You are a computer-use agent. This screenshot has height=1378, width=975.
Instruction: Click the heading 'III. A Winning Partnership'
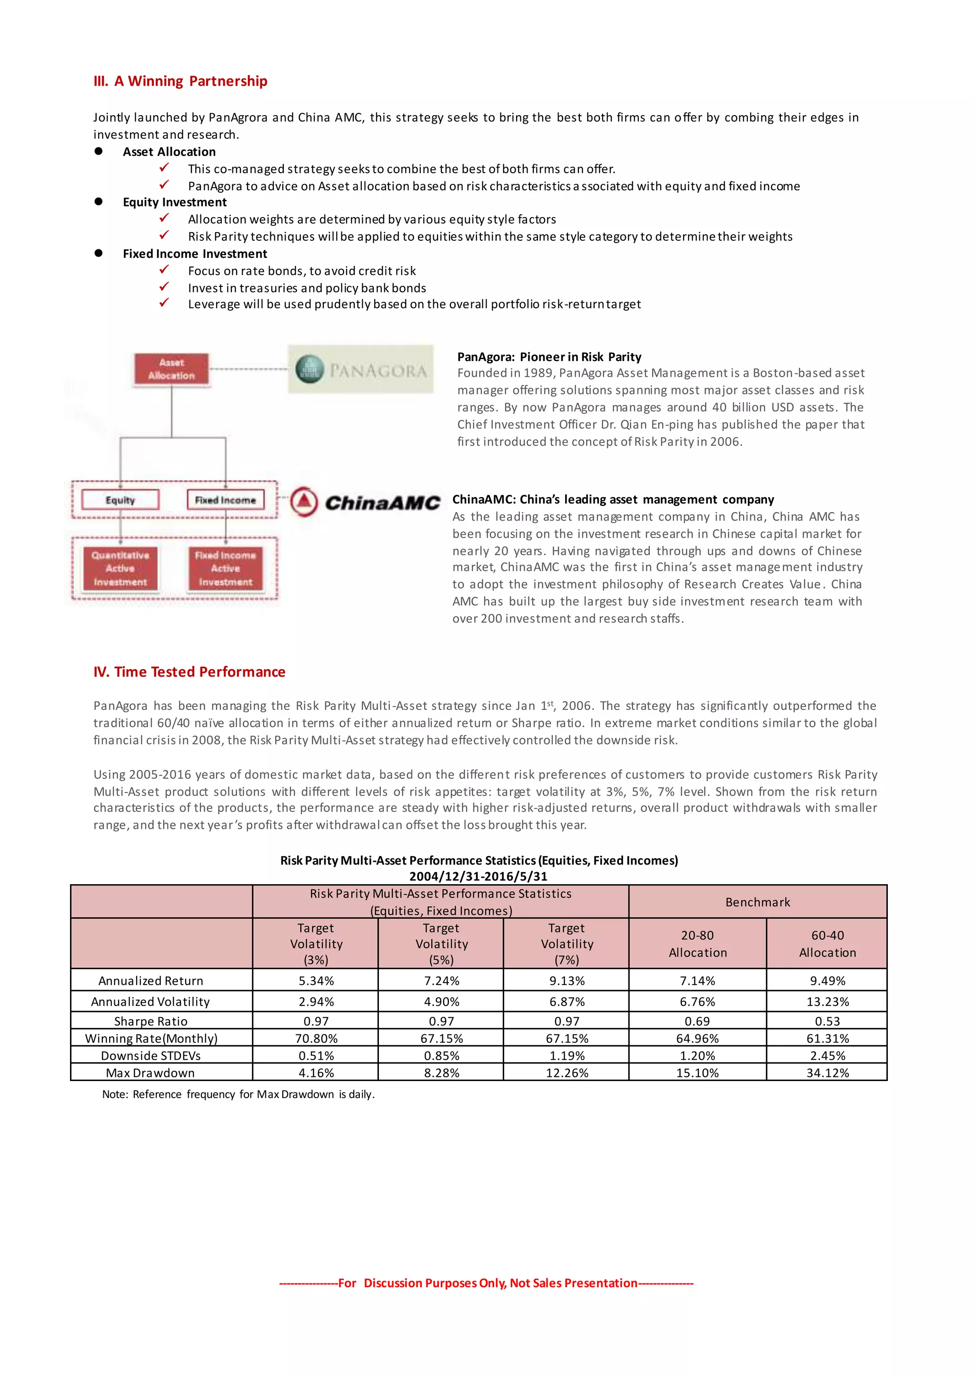point(180,81)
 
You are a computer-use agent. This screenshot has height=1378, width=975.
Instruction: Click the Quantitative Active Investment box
point(120,568)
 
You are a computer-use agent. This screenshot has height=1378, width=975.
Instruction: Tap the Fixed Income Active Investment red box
point(225,568)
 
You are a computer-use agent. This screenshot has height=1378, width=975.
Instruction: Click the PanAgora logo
point(360,370)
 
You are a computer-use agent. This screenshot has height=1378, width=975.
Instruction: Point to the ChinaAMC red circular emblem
point(304,502)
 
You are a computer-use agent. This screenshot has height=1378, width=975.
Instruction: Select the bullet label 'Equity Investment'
point(175,202)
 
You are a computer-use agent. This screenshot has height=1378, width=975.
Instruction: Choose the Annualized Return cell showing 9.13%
point(566,981)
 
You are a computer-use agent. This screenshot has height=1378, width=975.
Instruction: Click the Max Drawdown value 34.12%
point(827,1073)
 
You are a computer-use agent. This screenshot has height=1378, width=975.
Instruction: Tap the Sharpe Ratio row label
point(151,1021)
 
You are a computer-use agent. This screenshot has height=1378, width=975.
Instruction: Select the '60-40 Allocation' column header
point(827,944)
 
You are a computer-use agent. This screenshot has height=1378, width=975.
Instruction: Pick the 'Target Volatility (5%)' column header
point(441,944)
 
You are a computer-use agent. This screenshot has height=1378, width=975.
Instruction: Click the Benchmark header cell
point(757,902)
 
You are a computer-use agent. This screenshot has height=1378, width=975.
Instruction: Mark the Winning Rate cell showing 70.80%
point(316,1038)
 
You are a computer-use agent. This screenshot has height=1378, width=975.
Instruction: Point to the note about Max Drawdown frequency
point(239,1094)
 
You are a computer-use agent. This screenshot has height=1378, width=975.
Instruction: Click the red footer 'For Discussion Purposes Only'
point(486,1282)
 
